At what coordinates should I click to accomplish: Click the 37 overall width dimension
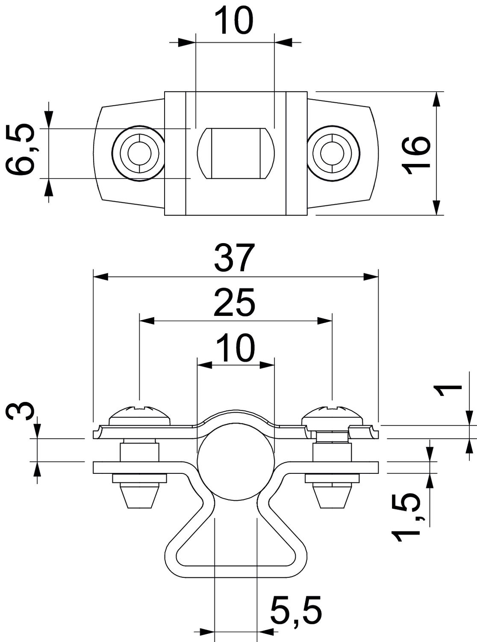tap(235, 258)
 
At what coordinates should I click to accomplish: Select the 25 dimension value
tap(235, 302)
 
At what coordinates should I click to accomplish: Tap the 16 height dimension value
tap(417, 155)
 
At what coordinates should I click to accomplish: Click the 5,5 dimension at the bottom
tap(296, 608)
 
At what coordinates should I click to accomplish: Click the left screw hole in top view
tap(138, 153)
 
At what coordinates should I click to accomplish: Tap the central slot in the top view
tap(235, 153)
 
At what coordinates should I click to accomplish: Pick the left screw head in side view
tap(140, 414)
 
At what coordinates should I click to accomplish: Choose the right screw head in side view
tap(333, 414)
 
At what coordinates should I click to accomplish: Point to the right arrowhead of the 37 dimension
tap(370, 277)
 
